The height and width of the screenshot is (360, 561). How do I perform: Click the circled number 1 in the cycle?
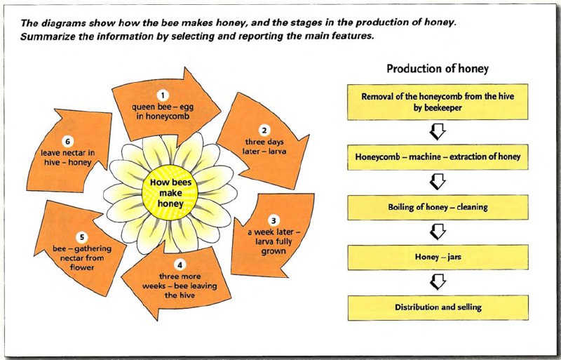coord(163,95)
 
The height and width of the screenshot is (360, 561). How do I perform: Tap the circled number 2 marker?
coord(264,131)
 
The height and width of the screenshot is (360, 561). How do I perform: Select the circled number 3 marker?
coord(273,220)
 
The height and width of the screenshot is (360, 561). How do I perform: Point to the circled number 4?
coord(180,265)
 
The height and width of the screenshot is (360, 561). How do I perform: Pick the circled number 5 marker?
coord(82,237)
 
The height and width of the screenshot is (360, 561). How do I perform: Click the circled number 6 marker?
coord(67,142)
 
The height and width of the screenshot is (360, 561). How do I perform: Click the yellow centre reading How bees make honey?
coord(170,193)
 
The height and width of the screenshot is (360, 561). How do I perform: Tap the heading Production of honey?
coord(437,68)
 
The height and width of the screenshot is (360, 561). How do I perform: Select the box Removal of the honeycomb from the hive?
coord(438,102)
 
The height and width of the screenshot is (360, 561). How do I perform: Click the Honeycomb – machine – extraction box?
coord(438,157)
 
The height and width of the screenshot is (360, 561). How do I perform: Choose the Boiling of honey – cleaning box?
coord(438,208)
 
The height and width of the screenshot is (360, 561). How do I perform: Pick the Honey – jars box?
coord(438,258)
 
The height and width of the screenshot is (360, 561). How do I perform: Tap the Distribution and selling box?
coord(438,307)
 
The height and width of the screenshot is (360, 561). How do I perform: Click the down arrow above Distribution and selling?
coord(438,282)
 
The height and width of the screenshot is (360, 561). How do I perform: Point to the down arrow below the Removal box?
coord(438,132)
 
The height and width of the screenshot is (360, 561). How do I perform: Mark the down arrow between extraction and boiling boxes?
coord(438,182)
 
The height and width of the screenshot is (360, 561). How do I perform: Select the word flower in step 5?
coord(82,267)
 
